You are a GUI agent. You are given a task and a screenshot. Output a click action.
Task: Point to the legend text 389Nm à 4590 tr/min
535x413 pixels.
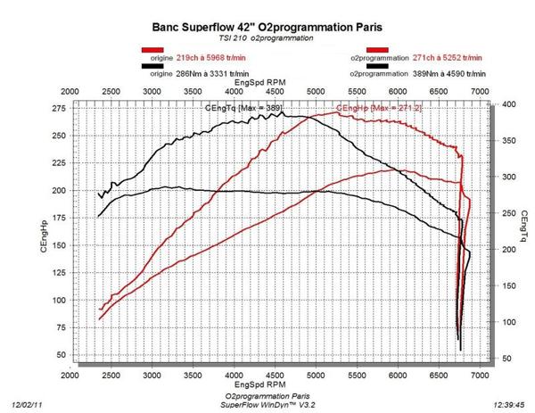451,68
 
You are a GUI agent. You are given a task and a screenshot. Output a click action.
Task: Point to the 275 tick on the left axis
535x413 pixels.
59,108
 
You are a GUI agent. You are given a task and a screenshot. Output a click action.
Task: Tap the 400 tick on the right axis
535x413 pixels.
506,104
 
